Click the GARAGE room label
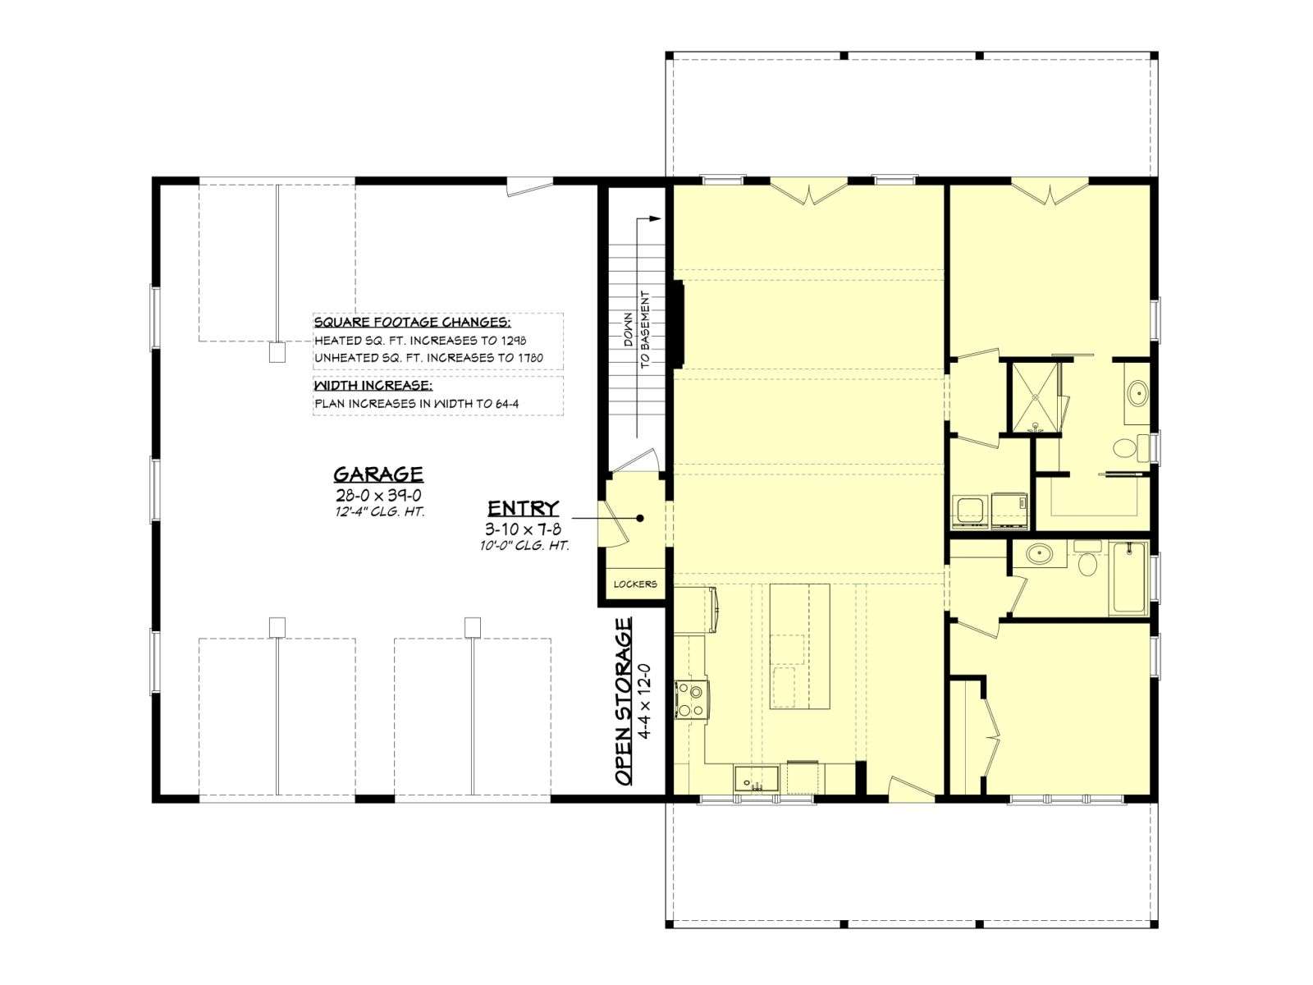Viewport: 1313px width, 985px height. (x=378, y=474)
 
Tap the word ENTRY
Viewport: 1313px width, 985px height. (x=524, y=508)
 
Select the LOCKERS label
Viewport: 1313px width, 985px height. (x=635, y=584)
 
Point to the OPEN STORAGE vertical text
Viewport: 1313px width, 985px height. (x=624, y=701)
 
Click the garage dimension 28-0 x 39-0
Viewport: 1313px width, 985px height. (x=378, y=496)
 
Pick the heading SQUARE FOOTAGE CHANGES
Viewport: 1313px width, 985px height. (x=413, y=323)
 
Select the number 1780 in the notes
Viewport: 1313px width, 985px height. (x=531, y=358)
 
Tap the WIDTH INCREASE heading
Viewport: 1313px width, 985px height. (x=373, y=385)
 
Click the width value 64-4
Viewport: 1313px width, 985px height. (x=506, y=404)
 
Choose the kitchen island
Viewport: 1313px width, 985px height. (x=800, y=647)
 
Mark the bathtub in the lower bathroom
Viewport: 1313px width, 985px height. (x=1128, y=578)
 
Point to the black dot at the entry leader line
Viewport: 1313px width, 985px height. (x=640, y=519)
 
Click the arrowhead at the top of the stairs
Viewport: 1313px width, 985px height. (x=656, y=219)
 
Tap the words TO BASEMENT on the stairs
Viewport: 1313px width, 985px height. (x=646, y=329)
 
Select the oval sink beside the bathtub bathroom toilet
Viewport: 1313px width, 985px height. (x=1039, y=554)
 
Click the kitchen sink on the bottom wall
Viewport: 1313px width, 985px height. (x=756, y=779)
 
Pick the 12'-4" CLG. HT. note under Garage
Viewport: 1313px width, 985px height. (x=379, y=512)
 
